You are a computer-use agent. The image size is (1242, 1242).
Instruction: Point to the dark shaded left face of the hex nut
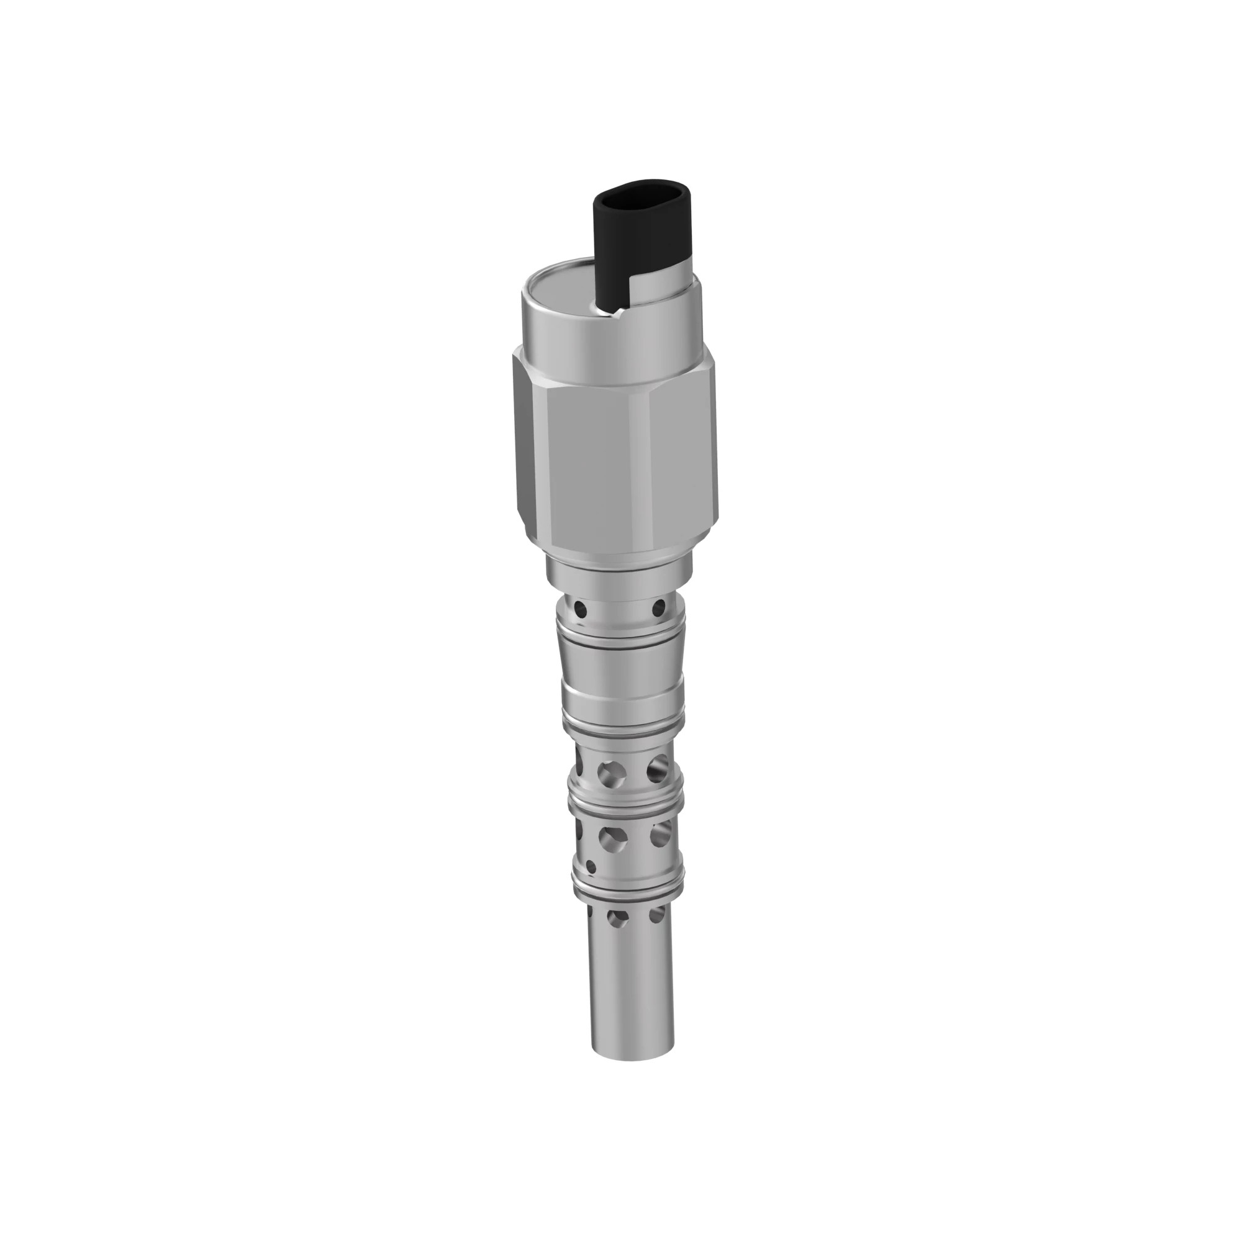pos(528,443)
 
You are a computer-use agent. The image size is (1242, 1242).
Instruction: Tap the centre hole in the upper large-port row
pos(610,773)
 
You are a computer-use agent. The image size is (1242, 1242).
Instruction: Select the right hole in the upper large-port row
pos(657,769)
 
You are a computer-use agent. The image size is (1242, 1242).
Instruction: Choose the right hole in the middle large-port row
pos(660,835)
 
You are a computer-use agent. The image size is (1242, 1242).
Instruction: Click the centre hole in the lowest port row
pos(618,918)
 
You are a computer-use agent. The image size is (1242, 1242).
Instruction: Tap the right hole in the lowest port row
pos(656,914)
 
